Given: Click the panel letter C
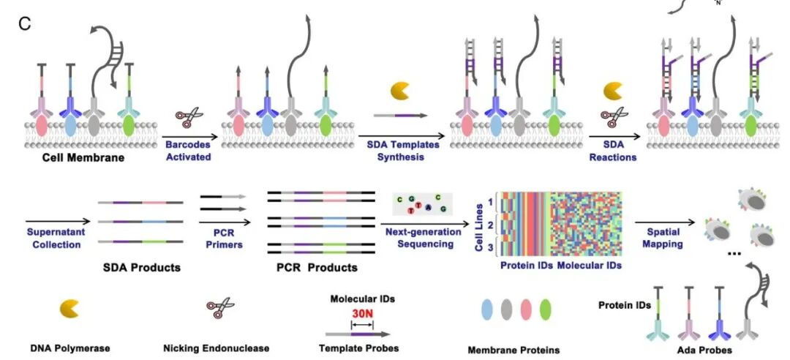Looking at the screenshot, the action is click(25, 23).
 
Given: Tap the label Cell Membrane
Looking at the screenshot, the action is click(83, 158).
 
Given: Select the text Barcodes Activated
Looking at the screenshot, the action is click(189, 150).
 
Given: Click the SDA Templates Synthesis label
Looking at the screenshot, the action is click(402, 150).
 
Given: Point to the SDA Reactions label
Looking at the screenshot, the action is click(613, 150).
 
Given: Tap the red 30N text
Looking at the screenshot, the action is click(362, 312).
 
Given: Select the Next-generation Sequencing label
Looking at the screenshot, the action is click(423, 238).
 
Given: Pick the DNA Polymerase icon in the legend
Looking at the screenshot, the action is click(69, 308).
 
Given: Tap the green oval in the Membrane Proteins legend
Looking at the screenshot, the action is click(545, 310).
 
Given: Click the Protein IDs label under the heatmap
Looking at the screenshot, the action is click(527, 265).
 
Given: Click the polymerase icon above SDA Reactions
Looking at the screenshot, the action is click(613, 91).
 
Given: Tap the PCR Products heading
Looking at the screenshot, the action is click(317, 267).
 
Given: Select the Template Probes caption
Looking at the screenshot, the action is click(358, 348).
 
